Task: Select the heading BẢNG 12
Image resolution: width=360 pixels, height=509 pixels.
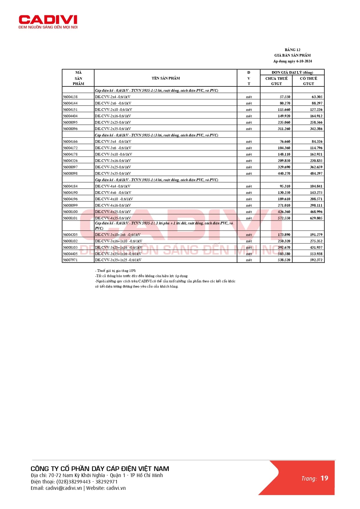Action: pos(292,50)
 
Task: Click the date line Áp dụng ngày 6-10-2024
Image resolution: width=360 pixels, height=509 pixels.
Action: pos(292,61)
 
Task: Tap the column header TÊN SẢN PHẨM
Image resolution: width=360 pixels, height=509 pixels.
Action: pos(166,78)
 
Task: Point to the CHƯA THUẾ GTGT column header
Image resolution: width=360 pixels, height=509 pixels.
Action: pos(276,81)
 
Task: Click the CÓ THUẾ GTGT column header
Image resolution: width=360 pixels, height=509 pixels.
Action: pos(308,81)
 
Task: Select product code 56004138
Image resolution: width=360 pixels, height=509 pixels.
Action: pos(70,97)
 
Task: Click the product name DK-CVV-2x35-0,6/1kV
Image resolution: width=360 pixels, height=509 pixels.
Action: pos(113,129)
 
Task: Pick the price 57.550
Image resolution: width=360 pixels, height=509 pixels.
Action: pos(285,97)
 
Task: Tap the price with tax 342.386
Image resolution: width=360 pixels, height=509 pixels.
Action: pos(316,129)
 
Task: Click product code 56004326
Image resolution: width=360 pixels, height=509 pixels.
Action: pos(70,161)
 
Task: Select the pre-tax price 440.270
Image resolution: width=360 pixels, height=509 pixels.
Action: pos(284,174)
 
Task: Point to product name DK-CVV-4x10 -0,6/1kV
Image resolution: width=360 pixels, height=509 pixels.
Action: pos(114,199)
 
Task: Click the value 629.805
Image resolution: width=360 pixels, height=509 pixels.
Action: pos(316,218)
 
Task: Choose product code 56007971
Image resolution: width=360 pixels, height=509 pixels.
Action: pos(70,260)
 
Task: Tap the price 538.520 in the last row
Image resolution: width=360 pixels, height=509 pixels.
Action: pos(284,260)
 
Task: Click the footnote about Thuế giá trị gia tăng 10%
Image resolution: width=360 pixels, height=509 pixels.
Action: pos(115,271)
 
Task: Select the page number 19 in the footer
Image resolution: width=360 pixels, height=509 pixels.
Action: pos(324,478)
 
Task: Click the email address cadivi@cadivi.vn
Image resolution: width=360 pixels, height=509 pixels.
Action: pos(64,488)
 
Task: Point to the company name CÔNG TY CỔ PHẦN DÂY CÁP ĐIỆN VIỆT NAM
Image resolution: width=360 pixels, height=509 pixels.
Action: pos(100,469)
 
